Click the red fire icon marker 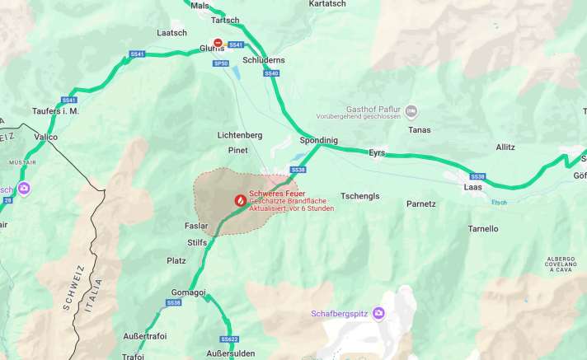(239, 199)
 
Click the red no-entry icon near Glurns (218, 43)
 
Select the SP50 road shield (220, 63)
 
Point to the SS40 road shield (272, 73)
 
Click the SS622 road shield (229, 339)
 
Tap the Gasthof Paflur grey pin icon (411, 111)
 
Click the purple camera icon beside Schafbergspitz (378, 313)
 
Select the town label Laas (473, 187)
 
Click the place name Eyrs (377, 153)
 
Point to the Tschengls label (360, 196)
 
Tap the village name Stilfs (198, 242)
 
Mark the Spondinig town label (318, 140)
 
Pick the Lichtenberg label (239, 134)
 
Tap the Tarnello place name (483, 228)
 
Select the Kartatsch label (327, 4)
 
